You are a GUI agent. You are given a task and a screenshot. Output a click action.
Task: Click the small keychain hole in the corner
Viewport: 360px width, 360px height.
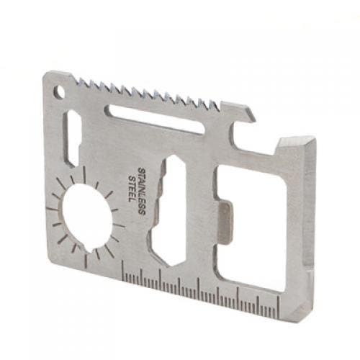coord(58,91)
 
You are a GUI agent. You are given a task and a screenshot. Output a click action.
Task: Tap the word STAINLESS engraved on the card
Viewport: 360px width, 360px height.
coord(142,192)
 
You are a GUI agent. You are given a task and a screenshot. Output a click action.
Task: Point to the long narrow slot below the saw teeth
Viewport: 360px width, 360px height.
coord(155,120)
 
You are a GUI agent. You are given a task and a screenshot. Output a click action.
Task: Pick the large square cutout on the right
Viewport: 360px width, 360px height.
coord(251,228)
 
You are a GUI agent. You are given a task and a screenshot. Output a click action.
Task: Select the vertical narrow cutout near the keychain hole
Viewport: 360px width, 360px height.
coord(73,138)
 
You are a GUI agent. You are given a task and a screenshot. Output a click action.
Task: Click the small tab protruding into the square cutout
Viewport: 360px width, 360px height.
coord(225,222)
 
